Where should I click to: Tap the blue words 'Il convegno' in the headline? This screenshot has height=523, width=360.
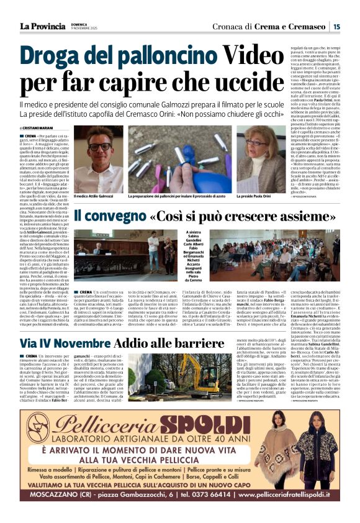click(x=110, y=217)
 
